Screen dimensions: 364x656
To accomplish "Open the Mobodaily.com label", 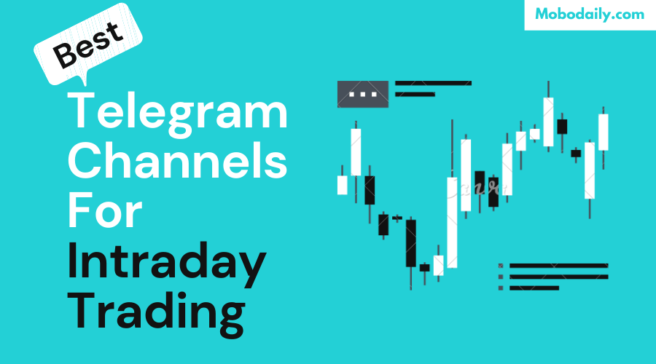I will coord(590,15).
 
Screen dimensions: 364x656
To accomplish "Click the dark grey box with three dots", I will coord(362,94).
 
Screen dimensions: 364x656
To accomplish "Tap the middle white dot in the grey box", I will coord(362,94).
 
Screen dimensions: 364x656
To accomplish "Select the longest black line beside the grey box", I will coord(433,83).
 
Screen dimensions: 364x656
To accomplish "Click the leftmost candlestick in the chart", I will coord(342,184).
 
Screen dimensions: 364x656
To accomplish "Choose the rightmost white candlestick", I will coord(603,132).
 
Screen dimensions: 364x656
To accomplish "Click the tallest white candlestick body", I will coord(452,222).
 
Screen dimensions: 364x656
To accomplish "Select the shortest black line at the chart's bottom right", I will coord(534,288).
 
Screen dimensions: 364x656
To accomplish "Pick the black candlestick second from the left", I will coord(370,189).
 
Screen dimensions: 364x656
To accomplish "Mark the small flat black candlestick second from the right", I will coord(576,153).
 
